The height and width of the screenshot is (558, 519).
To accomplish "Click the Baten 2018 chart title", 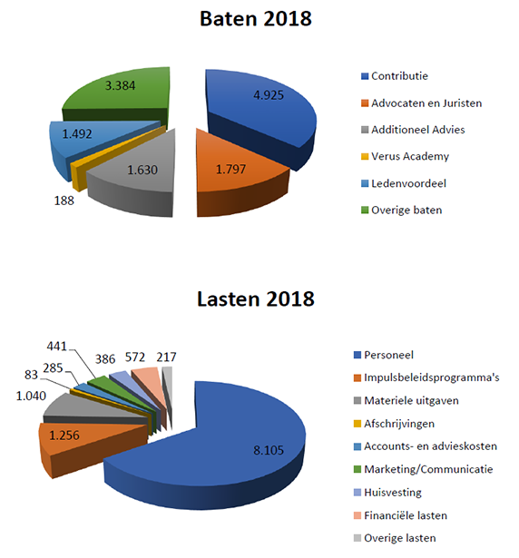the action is pyautogui.click(x=256, y=18).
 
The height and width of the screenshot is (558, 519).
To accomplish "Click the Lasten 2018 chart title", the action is pyautogui.click(x=256, y=299).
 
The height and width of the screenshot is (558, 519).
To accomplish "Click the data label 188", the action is pyautogui.click(x=64, y=201).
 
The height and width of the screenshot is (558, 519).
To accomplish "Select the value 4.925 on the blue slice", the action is pyautogui.click(x=269, y=95).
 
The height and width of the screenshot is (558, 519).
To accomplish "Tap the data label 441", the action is pyautogui.click(x=57, y=346).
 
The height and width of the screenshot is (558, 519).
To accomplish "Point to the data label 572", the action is pyautogui.click(x=135, y=357).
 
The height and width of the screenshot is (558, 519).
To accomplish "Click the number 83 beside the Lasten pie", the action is pyautogui.click(x=31, y=375).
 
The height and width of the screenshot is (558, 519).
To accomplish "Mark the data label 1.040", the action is pyautogui.click(x=31, y=396).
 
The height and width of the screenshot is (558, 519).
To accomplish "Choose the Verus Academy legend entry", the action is pyautogui.click(x=405, y=156).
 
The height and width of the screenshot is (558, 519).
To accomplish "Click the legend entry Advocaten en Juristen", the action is pyautogui.click(x=422, y=103).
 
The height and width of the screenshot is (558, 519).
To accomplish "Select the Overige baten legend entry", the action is pyautogui.click(x=402, y=210).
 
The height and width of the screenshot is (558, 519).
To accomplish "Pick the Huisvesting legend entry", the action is pyautogui.click(x=387, y=493).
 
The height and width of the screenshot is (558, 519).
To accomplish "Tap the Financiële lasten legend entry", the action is pyautogui.click(x=400, y=515).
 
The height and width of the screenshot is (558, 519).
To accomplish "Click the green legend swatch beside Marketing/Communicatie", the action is pyautogui.click(x=357, y=469).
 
